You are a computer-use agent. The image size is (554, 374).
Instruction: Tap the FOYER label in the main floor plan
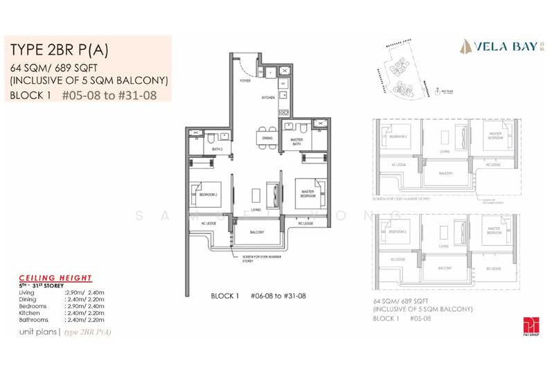245,80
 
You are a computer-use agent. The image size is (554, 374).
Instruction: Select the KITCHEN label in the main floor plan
269,99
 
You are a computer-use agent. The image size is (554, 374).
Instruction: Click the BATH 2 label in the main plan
217,149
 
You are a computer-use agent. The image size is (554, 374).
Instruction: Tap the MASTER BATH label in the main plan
296,141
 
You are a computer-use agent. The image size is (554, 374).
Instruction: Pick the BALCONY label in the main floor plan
256,232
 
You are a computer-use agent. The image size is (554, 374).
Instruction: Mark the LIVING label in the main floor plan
256,208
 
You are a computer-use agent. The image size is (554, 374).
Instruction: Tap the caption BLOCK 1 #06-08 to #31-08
260,295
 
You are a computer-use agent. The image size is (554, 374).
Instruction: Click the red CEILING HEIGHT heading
55,278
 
